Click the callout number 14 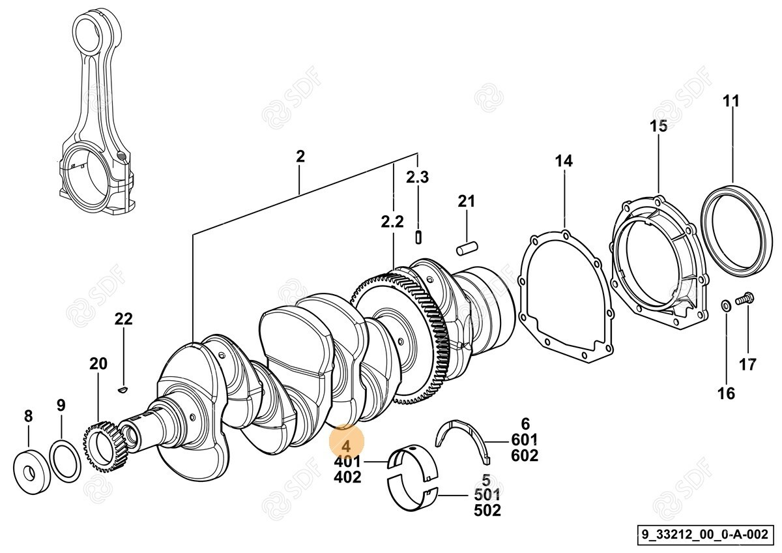pos(564,160)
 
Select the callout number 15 pos(659,126)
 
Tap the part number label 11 pos(732,102)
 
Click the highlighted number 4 pos(347,446)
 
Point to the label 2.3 pos(418,177)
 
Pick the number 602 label pos(525,456)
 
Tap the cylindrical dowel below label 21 pos(467,248)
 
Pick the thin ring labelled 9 pos(65,461)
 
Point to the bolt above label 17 pos(744,300)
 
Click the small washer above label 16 pos(725,305)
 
